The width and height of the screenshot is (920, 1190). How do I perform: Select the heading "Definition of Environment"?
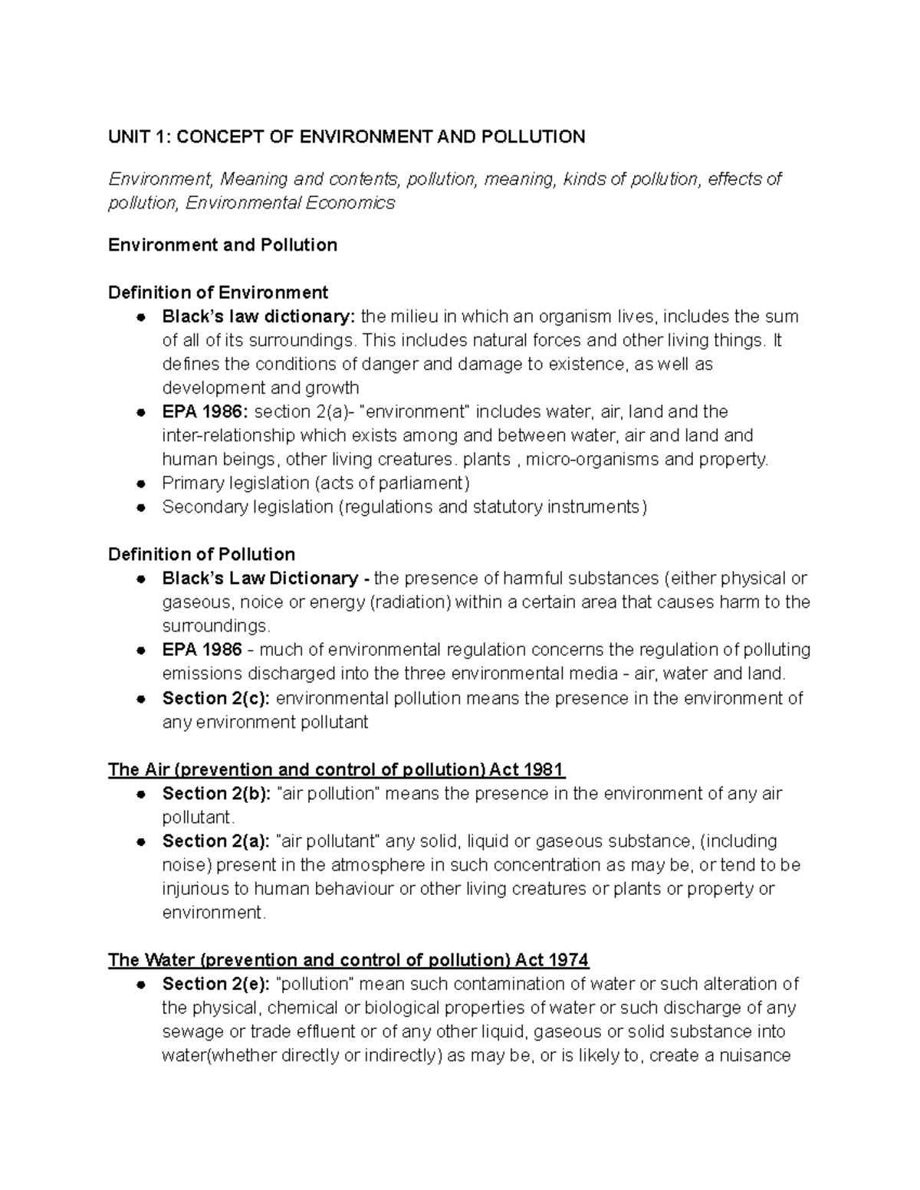[218, 293]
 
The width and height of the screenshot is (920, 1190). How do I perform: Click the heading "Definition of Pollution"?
[202, 554]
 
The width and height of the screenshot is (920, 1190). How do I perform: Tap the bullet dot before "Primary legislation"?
[140, 484]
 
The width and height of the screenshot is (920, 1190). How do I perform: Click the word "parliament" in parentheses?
[426, 484]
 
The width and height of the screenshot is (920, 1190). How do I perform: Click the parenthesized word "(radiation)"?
[410, 602]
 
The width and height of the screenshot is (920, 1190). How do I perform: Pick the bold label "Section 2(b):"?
[216, 794]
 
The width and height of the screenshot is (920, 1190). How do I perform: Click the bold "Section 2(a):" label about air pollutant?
[216, 841]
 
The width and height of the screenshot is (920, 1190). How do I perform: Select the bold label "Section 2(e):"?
[216, 984]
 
